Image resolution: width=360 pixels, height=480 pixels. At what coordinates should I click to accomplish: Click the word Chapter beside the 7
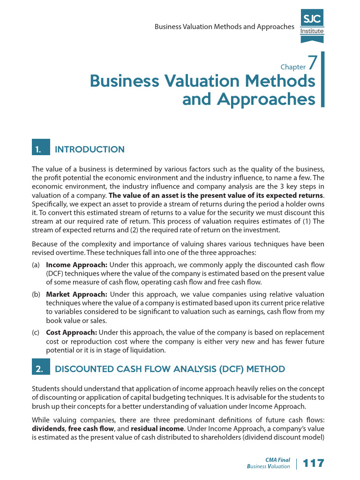tap(292, 67)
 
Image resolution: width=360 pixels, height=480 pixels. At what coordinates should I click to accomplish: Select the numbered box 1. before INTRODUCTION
tap(40, 150)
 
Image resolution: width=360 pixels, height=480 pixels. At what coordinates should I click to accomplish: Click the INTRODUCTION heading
tap(90, 150)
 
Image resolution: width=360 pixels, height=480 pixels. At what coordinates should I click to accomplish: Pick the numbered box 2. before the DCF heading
tap(40, 369)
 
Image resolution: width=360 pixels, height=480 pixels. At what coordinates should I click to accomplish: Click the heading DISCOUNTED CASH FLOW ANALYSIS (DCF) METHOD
tap(170, 369)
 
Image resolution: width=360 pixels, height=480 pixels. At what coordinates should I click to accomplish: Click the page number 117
tap(314, 464)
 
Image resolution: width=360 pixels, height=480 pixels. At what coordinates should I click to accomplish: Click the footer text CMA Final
tap(278, 460)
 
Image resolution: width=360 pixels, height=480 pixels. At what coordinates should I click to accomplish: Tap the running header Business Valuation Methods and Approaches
tap(224, 27)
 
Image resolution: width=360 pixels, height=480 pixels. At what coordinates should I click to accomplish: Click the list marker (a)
tap(36, 265)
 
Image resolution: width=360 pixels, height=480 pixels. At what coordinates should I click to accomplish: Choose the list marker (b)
tap(36, 294)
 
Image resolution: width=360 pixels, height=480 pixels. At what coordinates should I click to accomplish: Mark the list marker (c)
tap(36, 332)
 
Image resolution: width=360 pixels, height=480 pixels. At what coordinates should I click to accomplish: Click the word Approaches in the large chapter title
tap(248, 99)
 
